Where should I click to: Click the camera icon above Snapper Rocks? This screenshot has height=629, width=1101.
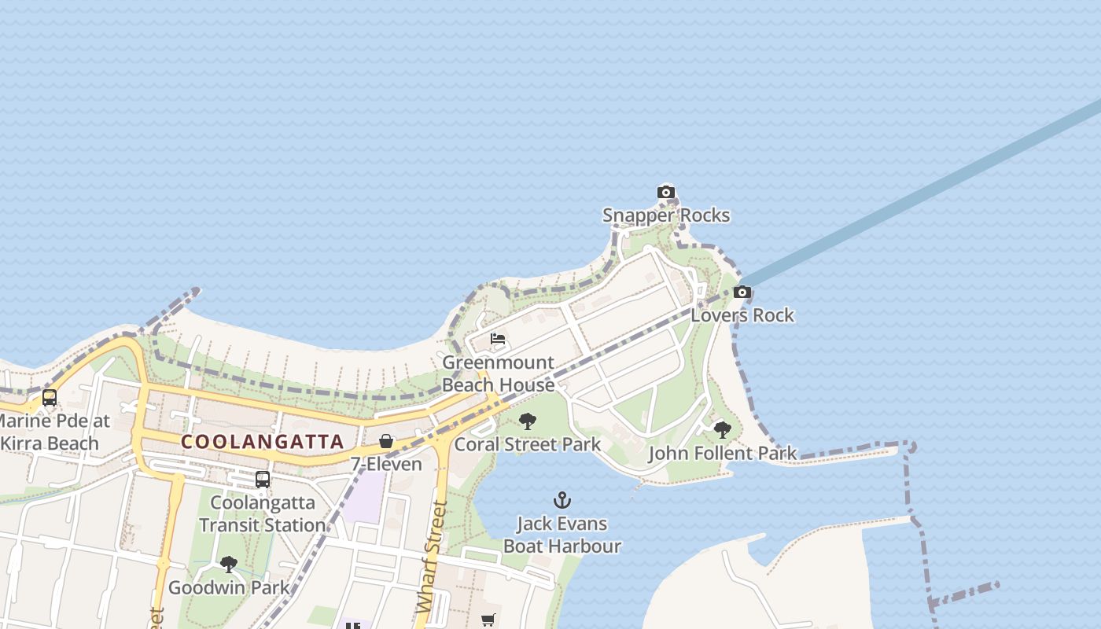coord(666,192)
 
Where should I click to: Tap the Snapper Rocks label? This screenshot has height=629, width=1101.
coord(666,215)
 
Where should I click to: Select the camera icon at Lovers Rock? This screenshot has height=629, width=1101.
coord(742,292)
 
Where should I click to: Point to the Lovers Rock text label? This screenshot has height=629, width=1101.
coord(742,315)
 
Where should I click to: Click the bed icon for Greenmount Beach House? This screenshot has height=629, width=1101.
coord(498,339)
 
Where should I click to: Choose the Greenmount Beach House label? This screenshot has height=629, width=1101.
coord(498,374)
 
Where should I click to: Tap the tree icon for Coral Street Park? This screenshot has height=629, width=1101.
coord(528,421)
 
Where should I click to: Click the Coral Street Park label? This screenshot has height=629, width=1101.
coord(528,444)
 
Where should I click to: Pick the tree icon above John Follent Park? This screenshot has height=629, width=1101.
coord(722,430)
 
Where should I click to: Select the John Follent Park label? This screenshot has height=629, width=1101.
coord(722,454)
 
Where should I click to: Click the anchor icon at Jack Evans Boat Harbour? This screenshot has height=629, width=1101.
coord(562,500)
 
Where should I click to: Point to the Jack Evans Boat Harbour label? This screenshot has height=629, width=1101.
coord(562,535)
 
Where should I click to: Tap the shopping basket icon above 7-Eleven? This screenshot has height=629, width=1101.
coord(386,441)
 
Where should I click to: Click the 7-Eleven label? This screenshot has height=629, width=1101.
coord(386,464)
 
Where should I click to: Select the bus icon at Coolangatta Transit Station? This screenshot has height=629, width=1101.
coord(262,479)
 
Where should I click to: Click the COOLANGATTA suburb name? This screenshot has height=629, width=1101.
coord(263,442)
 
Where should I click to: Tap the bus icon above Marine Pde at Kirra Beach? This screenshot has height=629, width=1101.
coord(50,398)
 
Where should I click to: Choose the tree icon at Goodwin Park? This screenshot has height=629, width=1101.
coord(229,565)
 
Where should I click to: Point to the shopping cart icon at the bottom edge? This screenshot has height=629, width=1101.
coord(488,620)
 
